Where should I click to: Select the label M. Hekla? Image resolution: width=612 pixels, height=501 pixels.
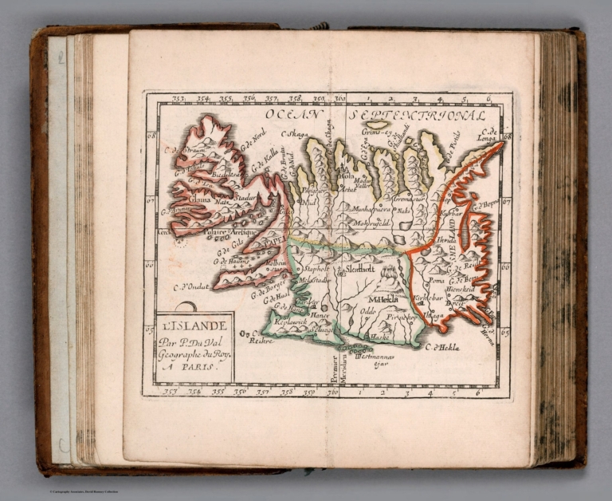pyautogui.click(x=383, y=299)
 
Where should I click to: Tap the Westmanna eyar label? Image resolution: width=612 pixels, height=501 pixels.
pyautogui.click(x=375, y=360)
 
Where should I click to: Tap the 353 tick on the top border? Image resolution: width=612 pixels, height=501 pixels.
pyautogui.click(x=178, y=99)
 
